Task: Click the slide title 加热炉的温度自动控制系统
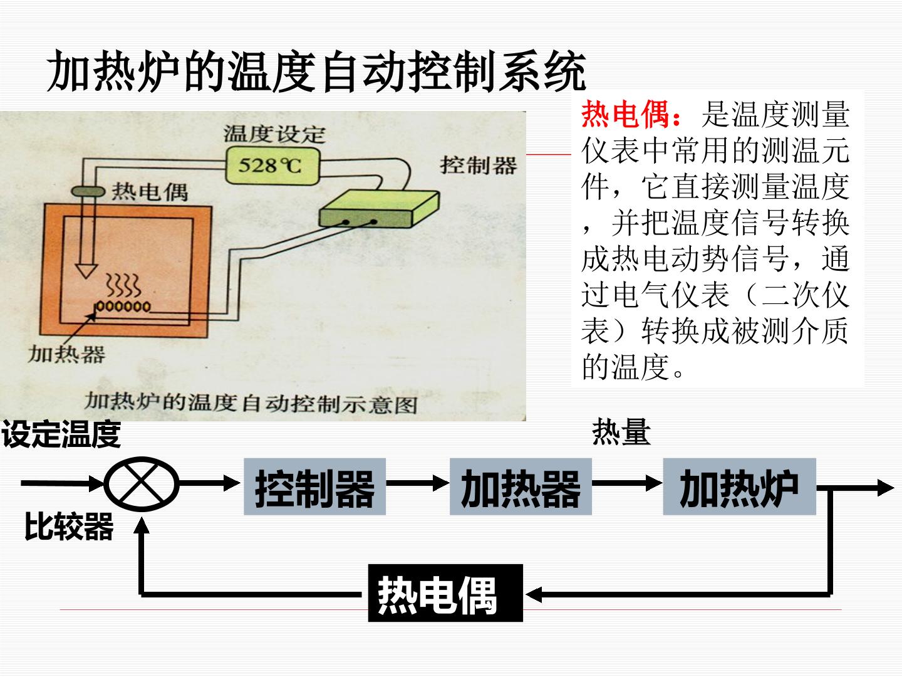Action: pos(316,71)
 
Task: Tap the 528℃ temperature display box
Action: pos(272,165)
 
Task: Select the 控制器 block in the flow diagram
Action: pos(315,486)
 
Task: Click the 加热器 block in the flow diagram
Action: pos(521,486)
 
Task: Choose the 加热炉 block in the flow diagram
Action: pos(739,486)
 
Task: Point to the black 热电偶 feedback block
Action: pos(445,593)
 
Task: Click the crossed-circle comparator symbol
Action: pos(142,484)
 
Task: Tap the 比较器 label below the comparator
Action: pos(69,527)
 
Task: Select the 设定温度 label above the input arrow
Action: pos(61,434)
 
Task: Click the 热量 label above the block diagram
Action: pos(621,432)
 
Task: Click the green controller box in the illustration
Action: pos(380,209)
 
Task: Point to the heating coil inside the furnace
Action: pos(122,307)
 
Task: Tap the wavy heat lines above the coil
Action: pos(123,286)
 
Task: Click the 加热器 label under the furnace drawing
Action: pos(67,354)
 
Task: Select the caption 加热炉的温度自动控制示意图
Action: pos(251,403)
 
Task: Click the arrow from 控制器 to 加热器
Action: pos(418,483)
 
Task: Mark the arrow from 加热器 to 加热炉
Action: pos(627,483)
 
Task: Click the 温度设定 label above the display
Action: pos(274,134)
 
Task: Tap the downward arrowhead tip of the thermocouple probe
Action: pos(86,278)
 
